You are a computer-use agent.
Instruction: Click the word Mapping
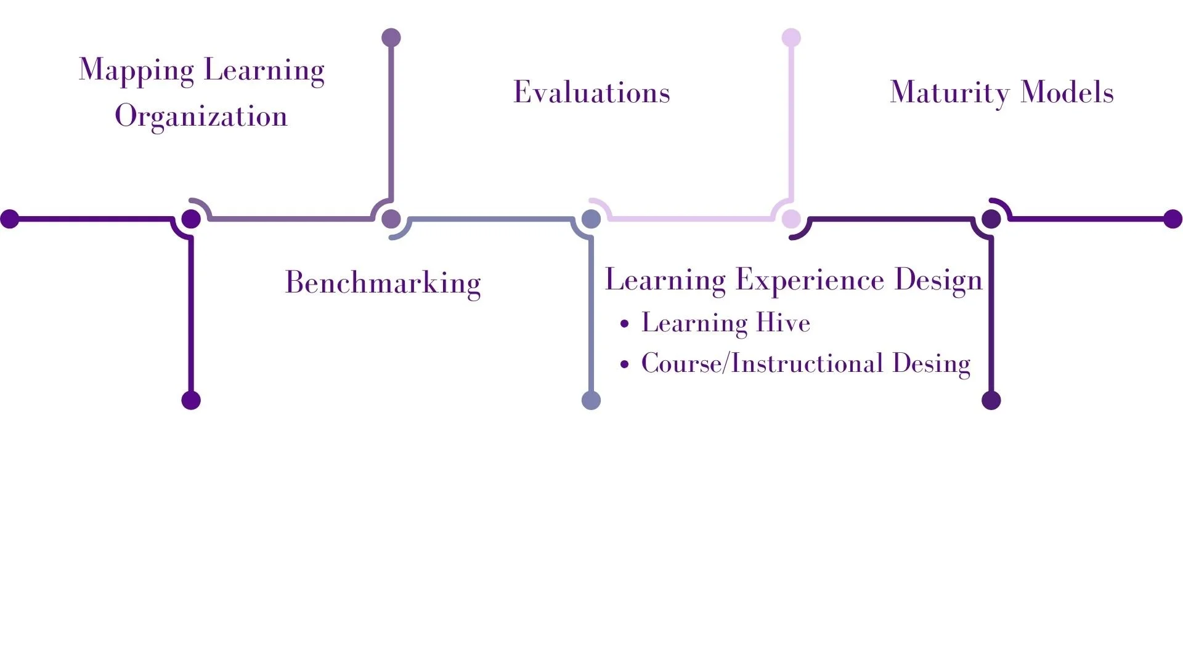click(x=136, y=70)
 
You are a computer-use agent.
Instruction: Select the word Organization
click(x=201, y=116)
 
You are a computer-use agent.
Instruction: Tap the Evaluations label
click(x=591, y=92)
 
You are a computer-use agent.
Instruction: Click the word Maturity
click(x=949, y=93)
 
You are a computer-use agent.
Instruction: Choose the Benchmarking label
click(x=383, y=283)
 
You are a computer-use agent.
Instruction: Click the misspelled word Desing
click(x=931, y=364)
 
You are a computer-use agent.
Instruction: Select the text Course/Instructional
click(x=762, y=363)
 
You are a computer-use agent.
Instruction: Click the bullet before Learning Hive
click(x=625, y=324)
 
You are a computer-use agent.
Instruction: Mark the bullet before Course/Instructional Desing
click(x=625, y=365)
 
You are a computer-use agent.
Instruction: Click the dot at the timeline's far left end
click(x=10, y=219)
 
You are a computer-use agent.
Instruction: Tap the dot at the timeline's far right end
click(x=1173, y=219)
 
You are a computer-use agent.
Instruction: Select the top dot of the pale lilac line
click(x=791, y=38)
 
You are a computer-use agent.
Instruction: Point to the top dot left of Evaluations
click(x=391, y=38)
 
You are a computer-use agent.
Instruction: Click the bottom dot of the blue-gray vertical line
click(x=591, y=400)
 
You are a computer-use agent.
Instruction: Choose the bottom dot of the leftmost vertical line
click(x=191, y=400)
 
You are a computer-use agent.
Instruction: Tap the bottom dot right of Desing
click(x=991, y=400)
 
